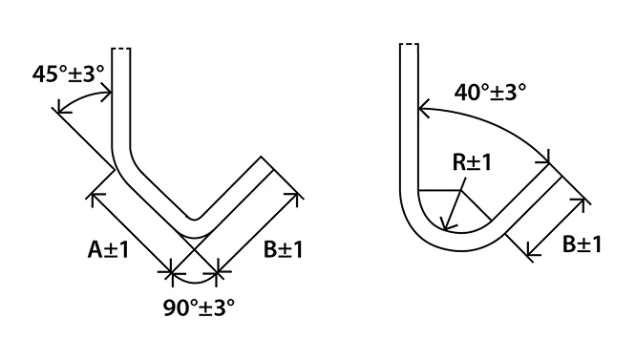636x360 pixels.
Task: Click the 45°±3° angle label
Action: tap(68, 74)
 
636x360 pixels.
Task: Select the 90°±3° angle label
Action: tap(199, 307)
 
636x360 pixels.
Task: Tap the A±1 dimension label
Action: tap(108, 249)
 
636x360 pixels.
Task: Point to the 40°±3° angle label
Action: tap(490, 92)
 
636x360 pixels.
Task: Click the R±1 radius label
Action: tap(472, 162)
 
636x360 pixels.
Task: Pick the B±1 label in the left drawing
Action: tap(283, 249)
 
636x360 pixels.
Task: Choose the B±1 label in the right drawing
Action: tap(582, 244)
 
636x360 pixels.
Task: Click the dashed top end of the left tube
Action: tap(121, 49)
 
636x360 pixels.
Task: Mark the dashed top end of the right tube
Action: tap(409, 44)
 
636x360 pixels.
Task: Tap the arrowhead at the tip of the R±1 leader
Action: tap(449, 226)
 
